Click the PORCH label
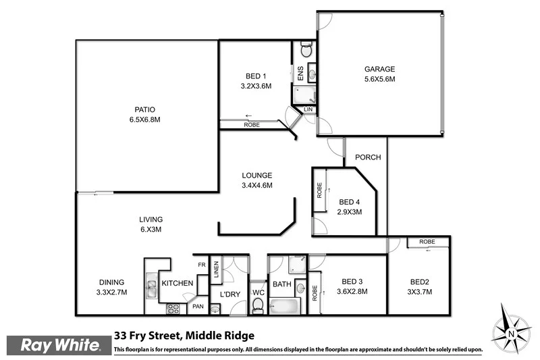pos(369,157)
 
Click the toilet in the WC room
pos(257,305)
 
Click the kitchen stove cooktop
pos(173,309)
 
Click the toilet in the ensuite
pos(306,49)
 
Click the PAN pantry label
pos(198,306)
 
